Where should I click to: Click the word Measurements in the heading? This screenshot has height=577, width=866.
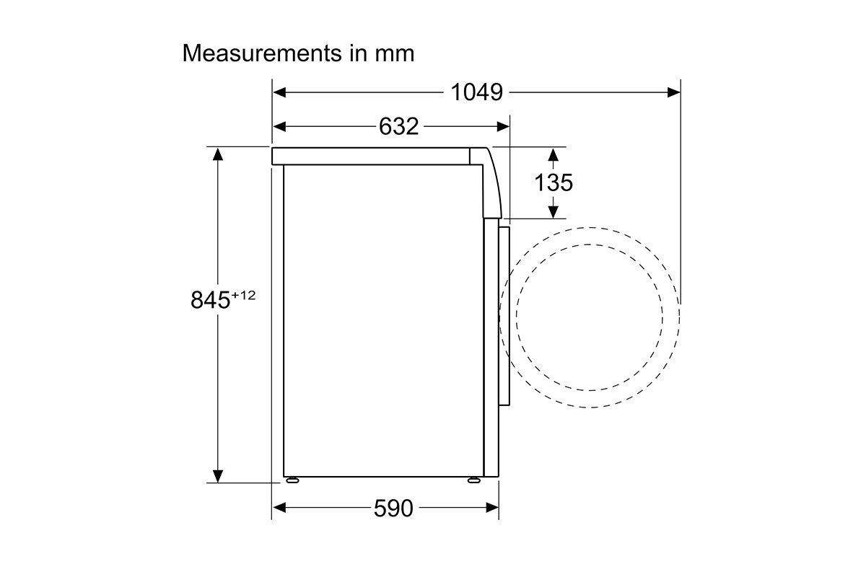[262, 53]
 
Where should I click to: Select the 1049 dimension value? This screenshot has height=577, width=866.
[477, 92]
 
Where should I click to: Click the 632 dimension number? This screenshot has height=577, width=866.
[398, 126]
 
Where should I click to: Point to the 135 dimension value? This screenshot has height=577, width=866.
[554, 182]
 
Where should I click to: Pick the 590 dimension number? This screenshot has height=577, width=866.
[393, 508]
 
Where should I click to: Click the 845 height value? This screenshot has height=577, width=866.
[210, 299]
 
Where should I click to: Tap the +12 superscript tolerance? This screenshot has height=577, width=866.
[244, 295]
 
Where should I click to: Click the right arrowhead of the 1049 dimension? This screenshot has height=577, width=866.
[674, 92]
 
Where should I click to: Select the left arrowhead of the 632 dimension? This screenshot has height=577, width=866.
[279, 126]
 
